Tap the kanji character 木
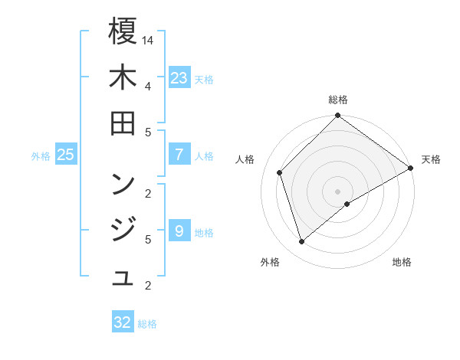click(x=123, y=78)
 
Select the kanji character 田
click(x=123, y=123)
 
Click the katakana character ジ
click(x=123, y=229)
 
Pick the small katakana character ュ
click(x=123, y=278)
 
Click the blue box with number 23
click(x=179, y=78)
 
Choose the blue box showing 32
click(x=123, y=322)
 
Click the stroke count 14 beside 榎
click(x=149, y=39)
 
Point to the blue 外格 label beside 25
click(x=41, y=156)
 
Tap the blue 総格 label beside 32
click(x=147, y=323)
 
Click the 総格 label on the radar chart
click(x=338, y=100)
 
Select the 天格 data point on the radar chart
click(x=411, y=169)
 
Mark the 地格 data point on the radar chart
click(x=347, y=204)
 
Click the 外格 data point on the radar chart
click(x=301, y=242)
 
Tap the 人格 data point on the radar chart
click(x=280, y=172)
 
